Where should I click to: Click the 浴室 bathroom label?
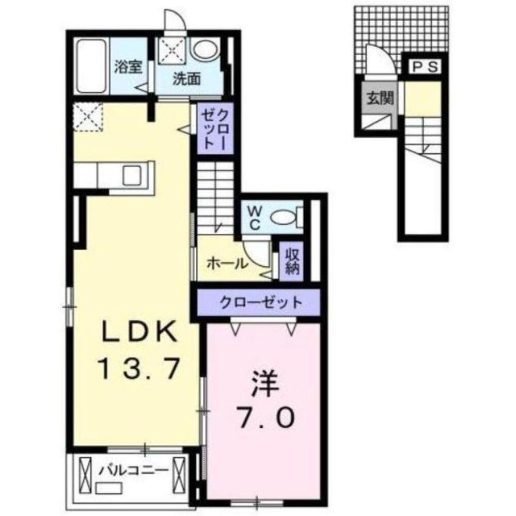coord(128,68)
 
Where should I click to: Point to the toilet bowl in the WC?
coord(283,218)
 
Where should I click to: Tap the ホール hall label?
coord(226,263)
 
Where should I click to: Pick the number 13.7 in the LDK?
coord(139,368)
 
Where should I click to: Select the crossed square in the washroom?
coord(174,50)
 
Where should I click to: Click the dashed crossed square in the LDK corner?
coord(88,117)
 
